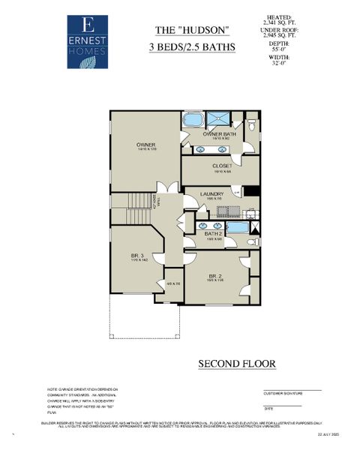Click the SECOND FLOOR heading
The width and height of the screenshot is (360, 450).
coord(236,364)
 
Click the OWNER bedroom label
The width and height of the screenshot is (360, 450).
coord(145,145)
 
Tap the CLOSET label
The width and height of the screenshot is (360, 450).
coord(222,166)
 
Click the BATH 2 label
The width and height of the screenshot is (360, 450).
coord(214,234)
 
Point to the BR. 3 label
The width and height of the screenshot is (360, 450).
coord(136,256)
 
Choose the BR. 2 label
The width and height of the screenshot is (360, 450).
coord(215,277)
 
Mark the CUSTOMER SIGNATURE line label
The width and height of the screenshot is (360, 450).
coord(283,393)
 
